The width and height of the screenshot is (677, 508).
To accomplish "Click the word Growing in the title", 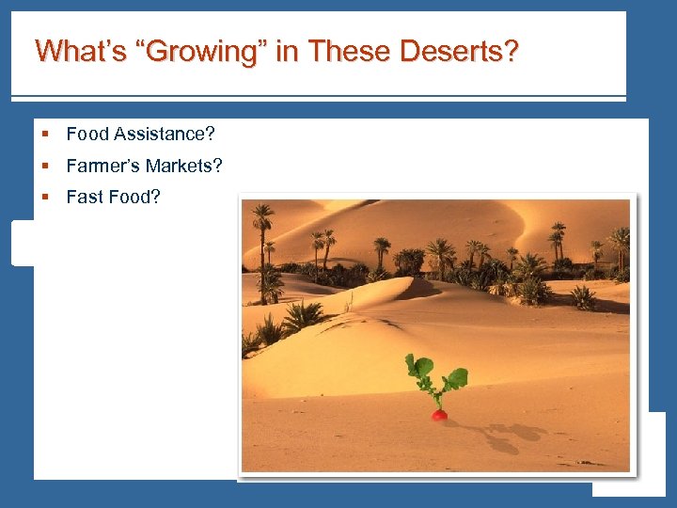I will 205,51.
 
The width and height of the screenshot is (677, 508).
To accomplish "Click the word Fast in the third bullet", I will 85,198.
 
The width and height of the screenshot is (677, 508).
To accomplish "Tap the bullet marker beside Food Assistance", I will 45,135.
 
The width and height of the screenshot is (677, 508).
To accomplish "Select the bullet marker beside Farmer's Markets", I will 45,167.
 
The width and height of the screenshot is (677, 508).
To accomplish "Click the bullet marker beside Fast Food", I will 45,198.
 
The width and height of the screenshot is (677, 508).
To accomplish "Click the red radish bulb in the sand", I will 439,414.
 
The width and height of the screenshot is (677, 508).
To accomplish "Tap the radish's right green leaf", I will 457,378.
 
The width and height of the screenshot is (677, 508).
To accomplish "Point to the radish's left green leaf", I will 419,366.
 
